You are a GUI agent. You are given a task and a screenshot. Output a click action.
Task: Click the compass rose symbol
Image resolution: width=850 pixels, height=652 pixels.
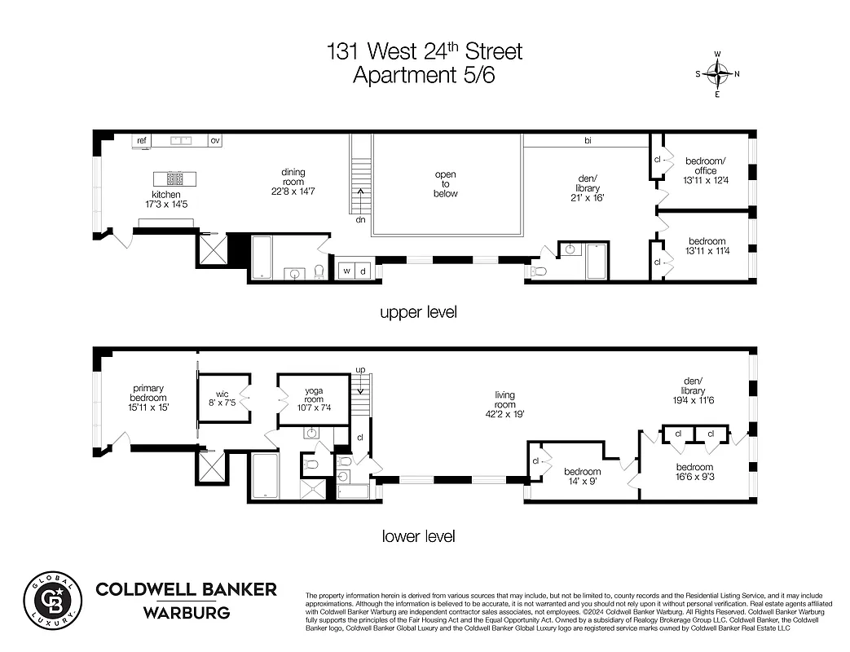(x=717, y=74)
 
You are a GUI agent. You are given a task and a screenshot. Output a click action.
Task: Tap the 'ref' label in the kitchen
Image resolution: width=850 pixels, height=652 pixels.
(x=142, y=140)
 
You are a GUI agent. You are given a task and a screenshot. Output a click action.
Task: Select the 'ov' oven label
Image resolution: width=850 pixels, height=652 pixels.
(x=215, y=140)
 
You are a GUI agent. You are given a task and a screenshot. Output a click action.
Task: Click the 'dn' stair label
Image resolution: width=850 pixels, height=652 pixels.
(x=359, y=219)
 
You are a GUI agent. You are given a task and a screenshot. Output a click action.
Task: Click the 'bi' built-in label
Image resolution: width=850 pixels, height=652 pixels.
(x=587, y=141)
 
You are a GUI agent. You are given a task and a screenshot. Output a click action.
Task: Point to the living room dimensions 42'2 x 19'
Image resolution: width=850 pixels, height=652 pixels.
(x=505, y=414)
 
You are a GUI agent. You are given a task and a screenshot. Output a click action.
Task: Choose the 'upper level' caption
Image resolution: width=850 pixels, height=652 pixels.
(x=419, y=312)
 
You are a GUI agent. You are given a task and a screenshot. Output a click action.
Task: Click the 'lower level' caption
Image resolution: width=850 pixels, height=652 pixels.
(x=419, y=536)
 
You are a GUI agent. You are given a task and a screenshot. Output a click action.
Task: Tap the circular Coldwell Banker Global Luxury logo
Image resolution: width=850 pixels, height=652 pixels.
(x=52, y=601)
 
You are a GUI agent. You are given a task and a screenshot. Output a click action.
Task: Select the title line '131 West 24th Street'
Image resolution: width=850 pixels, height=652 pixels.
(x=424, y=52)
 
